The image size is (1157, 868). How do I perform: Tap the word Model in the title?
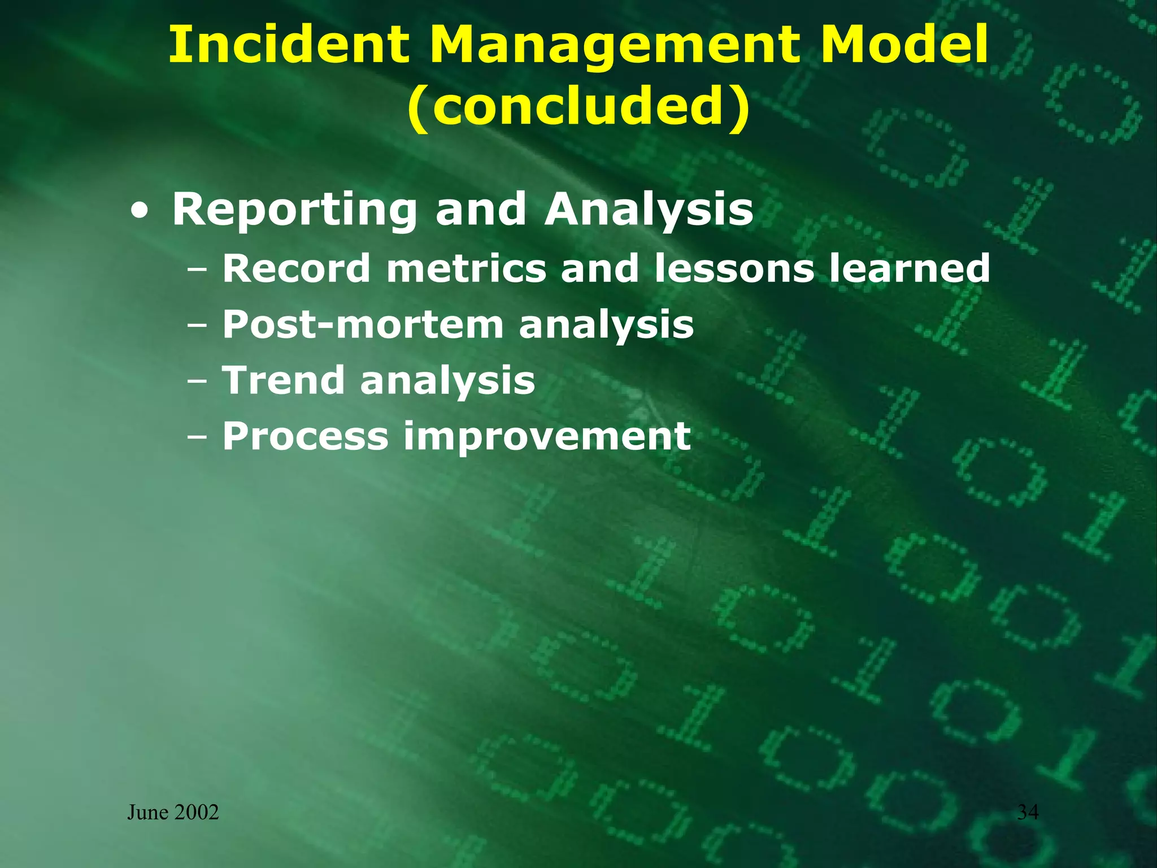[x=904, y=45]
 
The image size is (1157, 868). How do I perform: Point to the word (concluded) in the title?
[x=578, y=107]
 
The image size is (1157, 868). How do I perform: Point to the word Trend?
[x=283, y=380]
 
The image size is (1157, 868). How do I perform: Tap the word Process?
[x=306, y=436]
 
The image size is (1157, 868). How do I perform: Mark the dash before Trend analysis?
[x=197, y=381]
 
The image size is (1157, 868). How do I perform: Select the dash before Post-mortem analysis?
[x=197, y=326]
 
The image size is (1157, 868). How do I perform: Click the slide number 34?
[x=1028, y=812]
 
